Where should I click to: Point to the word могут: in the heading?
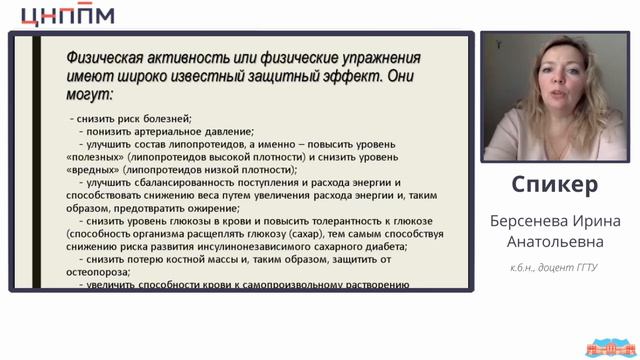(89, 95)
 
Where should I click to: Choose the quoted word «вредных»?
(91, 171)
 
